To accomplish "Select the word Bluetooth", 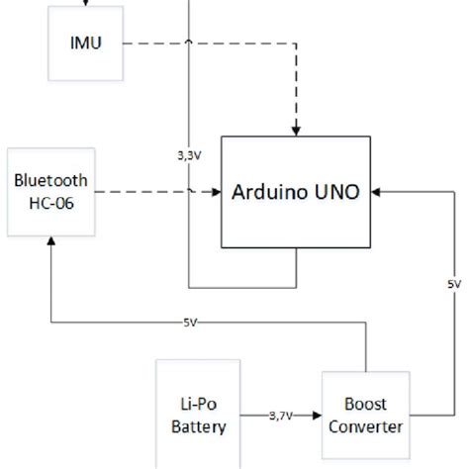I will (49, 180).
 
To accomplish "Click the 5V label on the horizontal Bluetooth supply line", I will (189, 324).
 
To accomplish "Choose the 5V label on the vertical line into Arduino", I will (453, 284).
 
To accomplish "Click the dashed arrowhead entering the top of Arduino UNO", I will (298, 131).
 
